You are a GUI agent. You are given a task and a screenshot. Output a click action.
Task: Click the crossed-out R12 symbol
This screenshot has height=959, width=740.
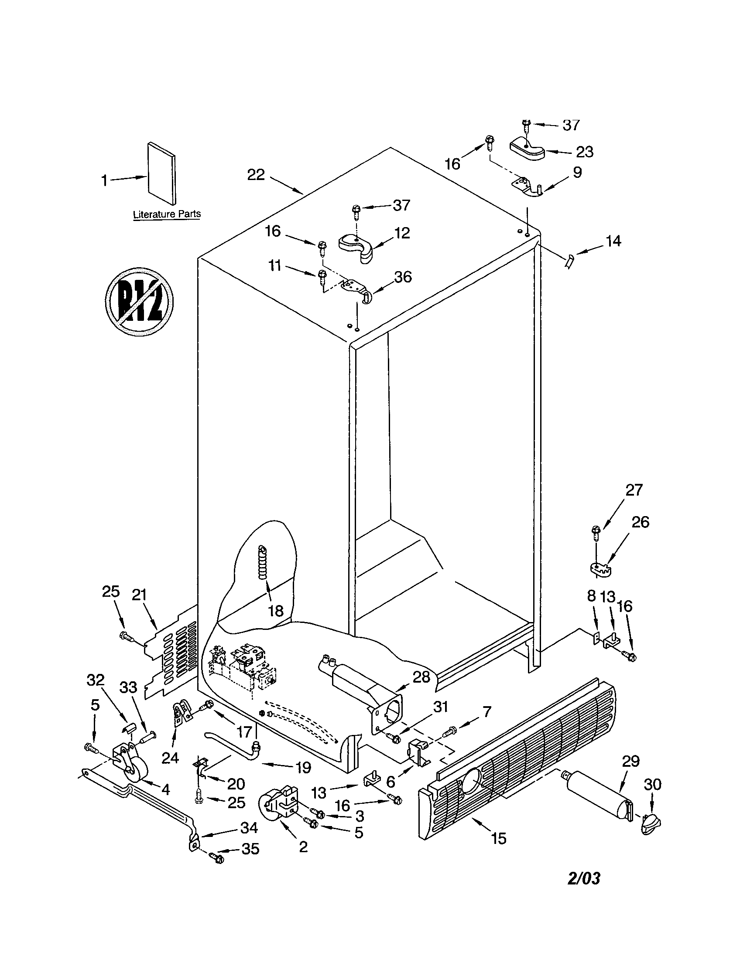(x=139, y=301)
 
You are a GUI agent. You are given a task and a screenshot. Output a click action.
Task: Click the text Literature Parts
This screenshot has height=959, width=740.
(x=167, y=214)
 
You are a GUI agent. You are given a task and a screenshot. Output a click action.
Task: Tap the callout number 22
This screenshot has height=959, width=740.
(x=256, y=175)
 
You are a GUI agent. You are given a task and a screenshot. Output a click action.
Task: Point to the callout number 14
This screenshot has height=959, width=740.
(x=613, y=241)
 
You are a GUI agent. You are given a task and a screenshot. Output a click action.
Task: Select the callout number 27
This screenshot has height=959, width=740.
(x=634, y=490)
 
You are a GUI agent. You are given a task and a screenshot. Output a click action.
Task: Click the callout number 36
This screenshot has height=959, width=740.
(x=403, y=277)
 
